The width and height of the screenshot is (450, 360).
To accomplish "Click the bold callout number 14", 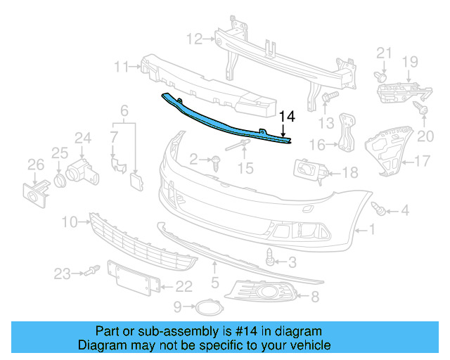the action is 288,117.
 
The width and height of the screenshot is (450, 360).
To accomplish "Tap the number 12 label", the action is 194,37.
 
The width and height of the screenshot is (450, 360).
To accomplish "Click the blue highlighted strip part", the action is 225,121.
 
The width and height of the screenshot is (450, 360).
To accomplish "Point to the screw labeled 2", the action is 215,162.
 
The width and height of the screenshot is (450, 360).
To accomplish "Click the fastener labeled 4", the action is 380,209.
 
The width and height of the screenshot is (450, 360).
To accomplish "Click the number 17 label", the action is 421,161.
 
